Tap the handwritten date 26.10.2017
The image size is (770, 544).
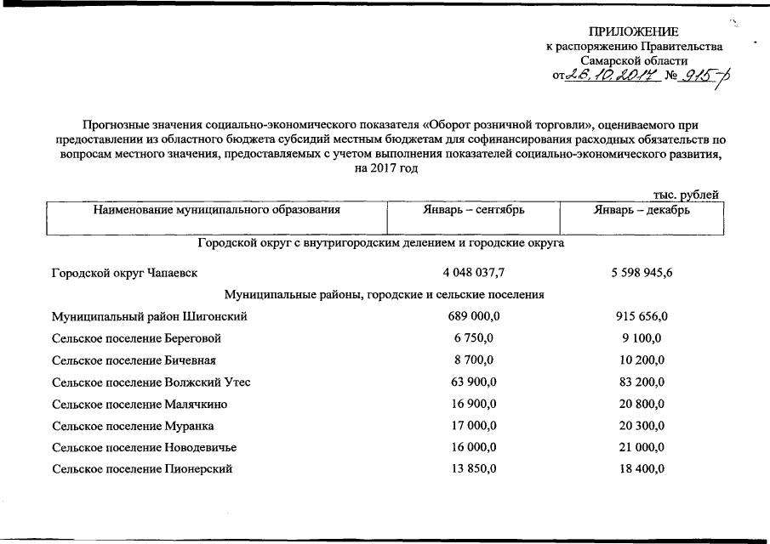coord(610,77)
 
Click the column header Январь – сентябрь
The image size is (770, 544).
coord(474,208)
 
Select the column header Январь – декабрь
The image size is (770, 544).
coord(642,208)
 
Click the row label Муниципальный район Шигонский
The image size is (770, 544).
coord(150,317)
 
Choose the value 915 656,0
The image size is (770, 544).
coord(642,317)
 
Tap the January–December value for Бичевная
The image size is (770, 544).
coord(642,360)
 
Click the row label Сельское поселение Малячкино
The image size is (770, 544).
coord(140,404)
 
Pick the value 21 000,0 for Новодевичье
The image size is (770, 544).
coord(642,447)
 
